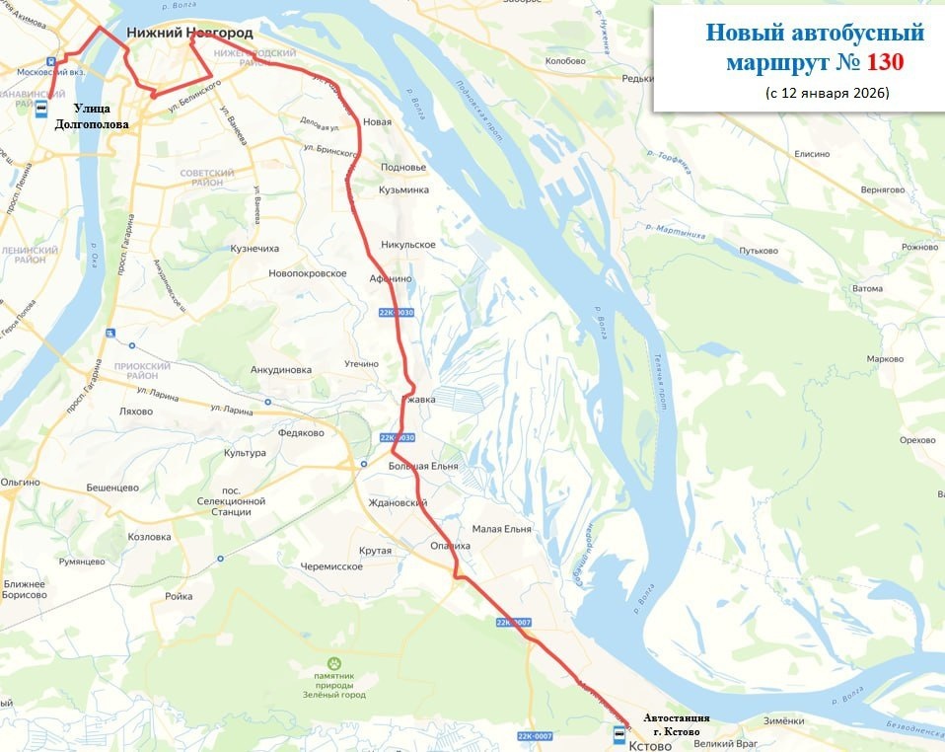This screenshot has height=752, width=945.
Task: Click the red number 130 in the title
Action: point(885,63)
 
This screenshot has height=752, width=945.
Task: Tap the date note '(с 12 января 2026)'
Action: point(827,93)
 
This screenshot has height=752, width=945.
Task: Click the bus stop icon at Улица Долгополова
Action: point(42,109)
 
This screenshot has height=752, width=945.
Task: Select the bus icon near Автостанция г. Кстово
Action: point(618,734)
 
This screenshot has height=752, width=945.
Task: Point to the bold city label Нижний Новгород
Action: point(189,33)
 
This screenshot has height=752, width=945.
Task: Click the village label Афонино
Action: point(391,278)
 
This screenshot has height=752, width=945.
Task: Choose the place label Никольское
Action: point(407,244)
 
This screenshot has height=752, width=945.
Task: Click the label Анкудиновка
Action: point(281,370)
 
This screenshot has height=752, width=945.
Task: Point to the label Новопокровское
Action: point(308,272)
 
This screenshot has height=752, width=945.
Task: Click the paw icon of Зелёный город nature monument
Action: point(335,664)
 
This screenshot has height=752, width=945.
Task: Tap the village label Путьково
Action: point(760,251)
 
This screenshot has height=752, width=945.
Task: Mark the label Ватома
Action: point(867,288)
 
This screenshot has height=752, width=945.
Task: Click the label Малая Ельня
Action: point(501,529)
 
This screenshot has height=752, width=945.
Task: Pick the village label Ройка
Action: point(179,596)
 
